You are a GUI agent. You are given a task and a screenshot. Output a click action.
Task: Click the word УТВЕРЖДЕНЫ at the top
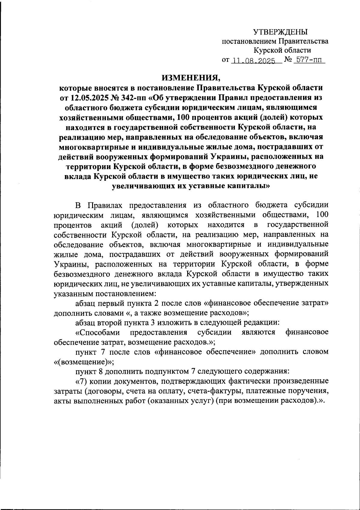(x=280, y=32)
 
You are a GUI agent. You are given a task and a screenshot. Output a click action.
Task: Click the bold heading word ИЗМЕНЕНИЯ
(x=191, y=78)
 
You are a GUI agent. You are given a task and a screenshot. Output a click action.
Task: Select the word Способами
(x=98, y=332)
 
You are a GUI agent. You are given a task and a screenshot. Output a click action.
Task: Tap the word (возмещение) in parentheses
(x=83, y=361)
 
